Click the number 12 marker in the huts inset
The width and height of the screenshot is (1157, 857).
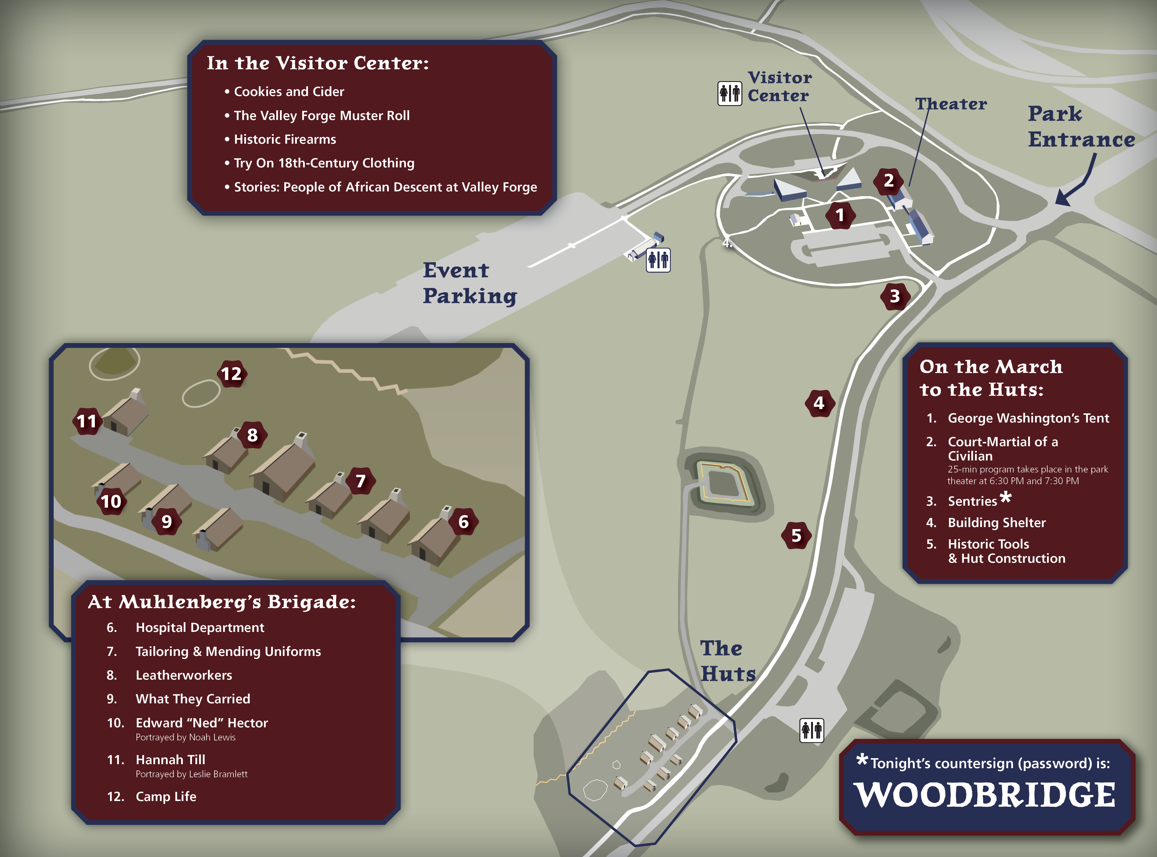pos(231,374)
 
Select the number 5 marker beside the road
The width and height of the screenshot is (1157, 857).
pos(796,535)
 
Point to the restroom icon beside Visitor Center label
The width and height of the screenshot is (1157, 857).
pos(729,93)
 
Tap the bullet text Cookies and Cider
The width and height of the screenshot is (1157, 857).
pos(289,92)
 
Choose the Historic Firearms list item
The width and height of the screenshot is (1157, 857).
pos(284,139)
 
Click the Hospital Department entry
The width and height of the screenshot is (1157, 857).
pos(200,628)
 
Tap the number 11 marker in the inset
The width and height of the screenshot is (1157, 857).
pos(87,421)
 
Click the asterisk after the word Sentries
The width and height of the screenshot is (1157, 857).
pos(1006,497)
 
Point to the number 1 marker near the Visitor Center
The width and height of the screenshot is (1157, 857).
pos(840,215)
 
